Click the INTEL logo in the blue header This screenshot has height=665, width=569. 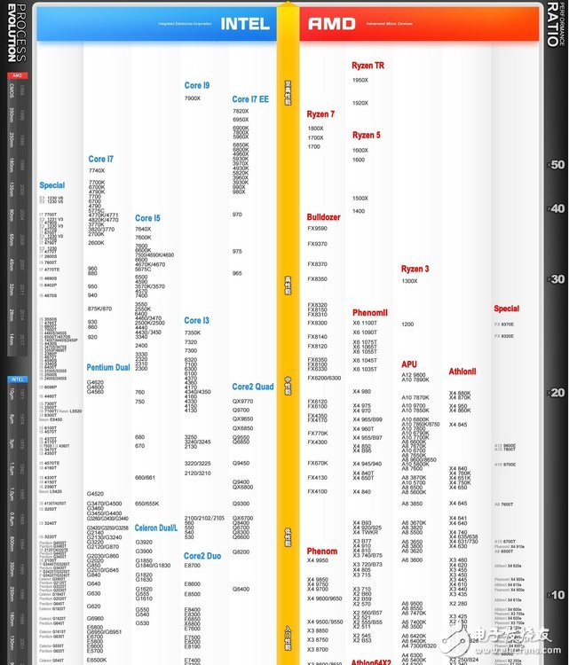[245, 23]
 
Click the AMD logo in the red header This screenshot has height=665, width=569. [331, 24]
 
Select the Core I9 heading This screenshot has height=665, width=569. [197, 85]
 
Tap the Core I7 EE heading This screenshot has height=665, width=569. [250, 99]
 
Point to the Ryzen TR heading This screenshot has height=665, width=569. [367, 66]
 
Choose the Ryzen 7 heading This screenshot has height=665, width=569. [320, 114]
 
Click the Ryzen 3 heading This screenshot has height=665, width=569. [415, 269]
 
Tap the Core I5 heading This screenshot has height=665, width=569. [147, 218]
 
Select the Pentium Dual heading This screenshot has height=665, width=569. [108, 367]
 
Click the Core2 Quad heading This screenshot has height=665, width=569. [253, 387]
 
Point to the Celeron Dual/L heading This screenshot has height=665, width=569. [156, 528]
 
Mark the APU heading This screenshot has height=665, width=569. [409, 364]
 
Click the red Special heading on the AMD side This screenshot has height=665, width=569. [506, 309]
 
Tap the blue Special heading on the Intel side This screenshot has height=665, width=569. [51, 185]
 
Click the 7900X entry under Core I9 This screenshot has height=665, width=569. [193, 98]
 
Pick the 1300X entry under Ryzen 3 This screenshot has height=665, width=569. [409, 281]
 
